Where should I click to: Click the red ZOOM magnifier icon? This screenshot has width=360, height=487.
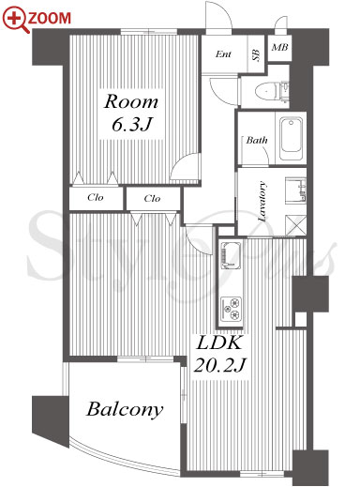tap(16, 20)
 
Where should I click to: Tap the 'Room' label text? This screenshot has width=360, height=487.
tap(131, 101)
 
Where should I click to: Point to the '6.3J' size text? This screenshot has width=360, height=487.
tap(131, 125)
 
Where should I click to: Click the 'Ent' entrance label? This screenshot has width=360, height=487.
tap(223, 54)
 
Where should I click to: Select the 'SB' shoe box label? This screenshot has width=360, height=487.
tap(256, 55)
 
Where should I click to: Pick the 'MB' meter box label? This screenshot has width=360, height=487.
tap(279, 48)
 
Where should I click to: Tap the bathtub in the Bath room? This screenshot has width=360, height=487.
tap(292, 139)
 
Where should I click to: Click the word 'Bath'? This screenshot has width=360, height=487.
tap(257, 140)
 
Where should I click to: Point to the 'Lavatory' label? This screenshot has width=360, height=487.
tap(262, 201)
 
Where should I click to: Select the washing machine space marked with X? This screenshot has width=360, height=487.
tap(295, 225)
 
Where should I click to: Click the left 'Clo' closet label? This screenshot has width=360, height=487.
tap(96, 197)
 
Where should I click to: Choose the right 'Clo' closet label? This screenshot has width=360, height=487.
tap(152, 198)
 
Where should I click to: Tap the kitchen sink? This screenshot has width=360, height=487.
tap(231, 255)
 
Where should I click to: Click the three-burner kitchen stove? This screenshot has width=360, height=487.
tap(231, 309)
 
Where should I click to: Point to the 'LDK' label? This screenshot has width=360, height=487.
tap(218, 342)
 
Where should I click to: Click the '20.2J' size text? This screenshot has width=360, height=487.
tap(220, 365)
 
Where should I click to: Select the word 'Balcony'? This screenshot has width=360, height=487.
tap(125, 409)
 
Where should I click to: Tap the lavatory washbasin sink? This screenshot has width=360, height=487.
tap(295, 190)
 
